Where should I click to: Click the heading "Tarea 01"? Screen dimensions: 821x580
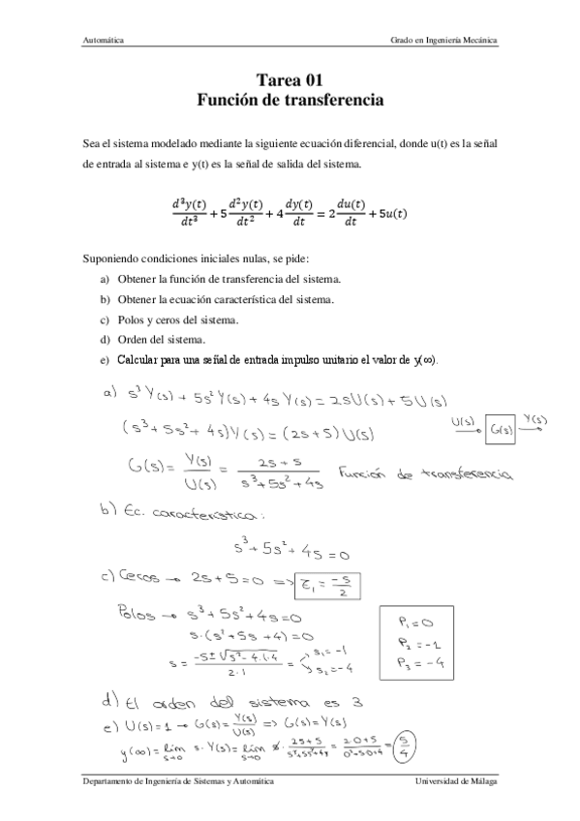[x=290, y=81]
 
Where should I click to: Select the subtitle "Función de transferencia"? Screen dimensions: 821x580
[x=290, y=100]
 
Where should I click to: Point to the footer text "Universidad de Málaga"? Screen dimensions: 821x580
[x=455, y=779]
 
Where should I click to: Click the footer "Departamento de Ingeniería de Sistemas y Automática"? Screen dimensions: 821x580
[x=178, y=779]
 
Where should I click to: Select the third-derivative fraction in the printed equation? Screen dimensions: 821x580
[x=186, y=212]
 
